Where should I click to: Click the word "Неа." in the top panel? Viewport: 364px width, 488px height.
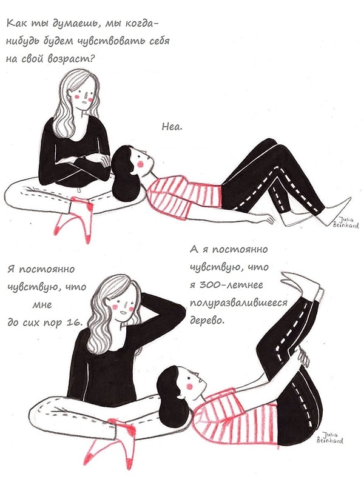coord(174,127)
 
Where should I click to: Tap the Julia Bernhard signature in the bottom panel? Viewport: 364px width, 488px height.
coord(331,438)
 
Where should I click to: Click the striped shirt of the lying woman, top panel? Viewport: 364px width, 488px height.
coord(188,194)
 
